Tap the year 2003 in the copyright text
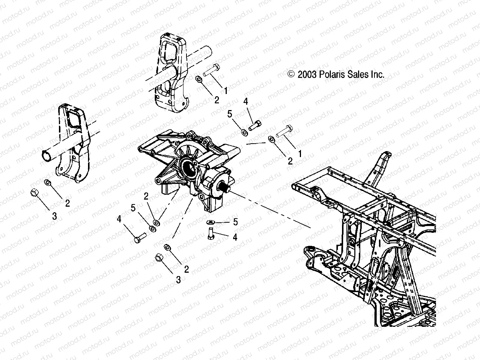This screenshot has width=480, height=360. pos(307,75)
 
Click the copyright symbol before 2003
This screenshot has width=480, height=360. pos(291,75)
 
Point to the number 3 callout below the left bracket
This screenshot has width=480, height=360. pos(54,216)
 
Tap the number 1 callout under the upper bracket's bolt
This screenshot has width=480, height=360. pos(226,90)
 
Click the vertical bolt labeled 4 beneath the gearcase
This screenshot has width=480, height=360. pos(210,234)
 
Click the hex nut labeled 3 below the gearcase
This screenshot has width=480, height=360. pos(158,258)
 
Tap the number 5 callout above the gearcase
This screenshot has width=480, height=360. pos(230,114)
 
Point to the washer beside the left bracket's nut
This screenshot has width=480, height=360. pos(48,182)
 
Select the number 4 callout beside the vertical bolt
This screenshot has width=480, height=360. pos(235,237)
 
